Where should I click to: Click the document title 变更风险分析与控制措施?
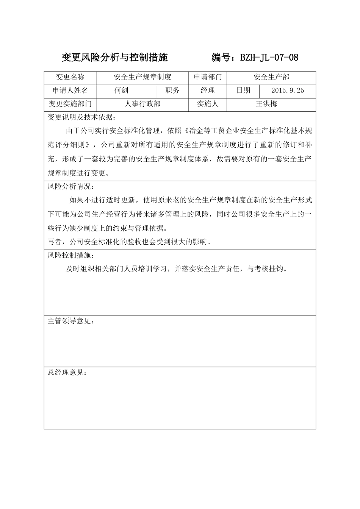pos(114,58)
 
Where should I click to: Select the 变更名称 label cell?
pos(70,77)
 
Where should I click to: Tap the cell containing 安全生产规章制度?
pos(142,77)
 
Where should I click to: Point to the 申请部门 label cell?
pos(208,77)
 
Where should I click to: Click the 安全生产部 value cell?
pos(271,77)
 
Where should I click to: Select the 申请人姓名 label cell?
pos(70,91)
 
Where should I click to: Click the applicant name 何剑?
pos(122,91)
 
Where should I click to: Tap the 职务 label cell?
pos(172,91)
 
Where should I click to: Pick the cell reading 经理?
pos(208,91)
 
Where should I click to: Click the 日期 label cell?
pos(243,91)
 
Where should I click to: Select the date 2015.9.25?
pos(288,91)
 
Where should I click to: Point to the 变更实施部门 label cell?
pos(70,104)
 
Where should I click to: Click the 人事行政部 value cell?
pos(142,104)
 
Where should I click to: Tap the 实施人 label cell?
pos(208,104)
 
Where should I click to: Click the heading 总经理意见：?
pos(67,373)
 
